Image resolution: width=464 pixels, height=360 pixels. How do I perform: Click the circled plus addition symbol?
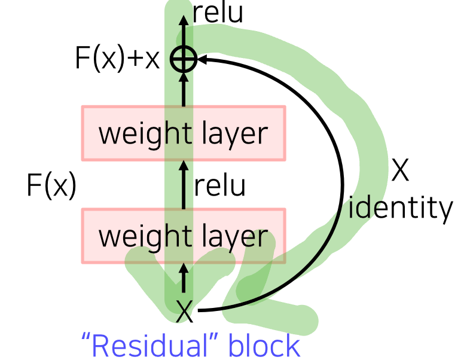(x=184, y=59)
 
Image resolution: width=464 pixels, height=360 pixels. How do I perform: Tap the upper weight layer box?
(x=183, y=133)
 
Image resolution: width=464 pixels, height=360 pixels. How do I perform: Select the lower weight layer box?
(x=183, y=236)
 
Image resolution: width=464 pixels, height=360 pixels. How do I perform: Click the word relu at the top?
(x=218, y=14)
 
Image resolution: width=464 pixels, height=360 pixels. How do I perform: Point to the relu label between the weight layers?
(x=219, y=185)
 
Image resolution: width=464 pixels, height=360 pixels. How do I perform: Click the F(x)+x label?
(x=118, y=59)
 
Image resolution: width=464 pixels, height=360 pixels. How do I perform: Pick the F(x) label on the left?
(x=51, y=185)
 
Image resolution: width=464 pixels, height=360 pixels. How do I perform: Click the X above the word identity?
(x=400, y=172)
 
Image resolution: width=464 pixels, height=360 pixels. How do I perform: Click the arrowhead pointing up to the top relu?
(x=184, y=18)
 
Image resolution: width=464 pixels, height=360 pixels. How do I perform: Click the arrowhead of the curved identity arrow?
(x=201, y=59)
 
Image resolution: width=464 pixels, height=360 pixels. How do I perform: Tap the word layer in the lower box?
(x=234, y=237)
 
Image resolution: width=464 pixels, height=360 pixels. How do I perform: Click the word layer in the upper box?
(x=234, y=134)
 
